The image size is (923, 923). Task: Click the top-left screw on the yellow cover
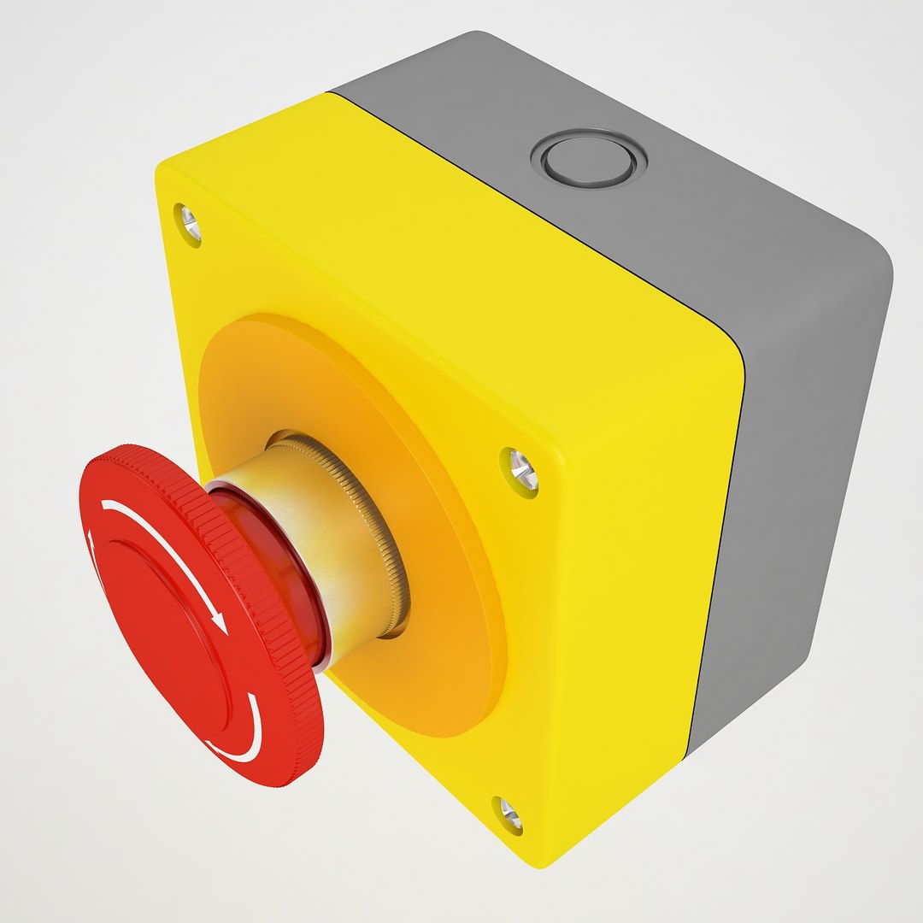click(x=188, y=223)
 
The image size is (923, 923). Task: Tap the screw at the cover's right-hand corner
click(x=519, y=469)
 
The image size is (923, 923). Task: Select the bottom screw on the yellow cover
click(x=508, y=814)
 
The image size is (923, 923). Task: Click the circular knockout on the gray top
click(x=588, y=159)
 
